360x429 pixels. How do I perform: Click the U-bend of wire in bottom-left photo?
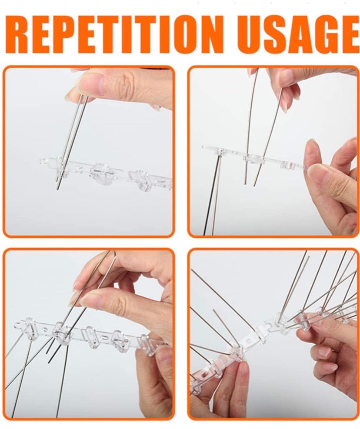(113, 254)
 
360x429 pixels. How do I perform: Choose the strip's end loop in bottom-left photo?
(19, 326)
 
